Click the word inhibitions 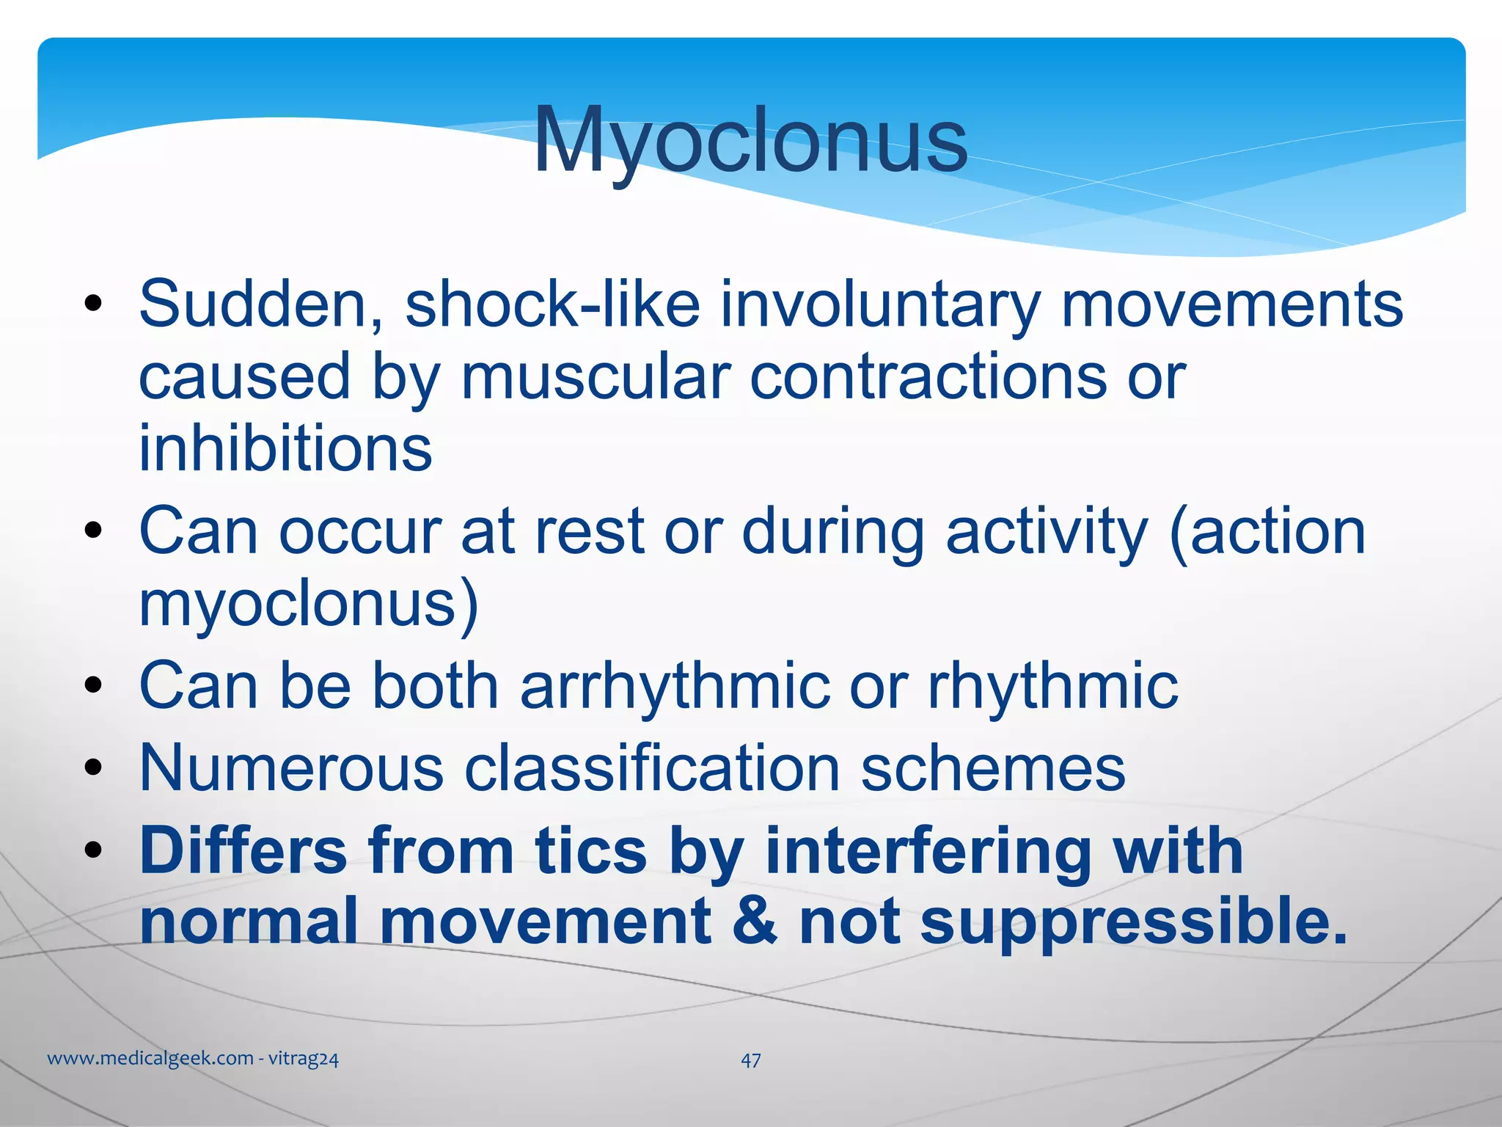point(285,448)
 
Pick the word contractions point(927,376)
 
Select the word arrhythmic point(675,685)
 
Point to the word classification point(653,768)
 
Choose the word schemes point(992,768)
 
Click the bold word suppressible point(1133,923)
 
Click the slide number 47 point(750,1060)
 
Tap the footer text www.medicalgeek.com point(150,1059)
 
